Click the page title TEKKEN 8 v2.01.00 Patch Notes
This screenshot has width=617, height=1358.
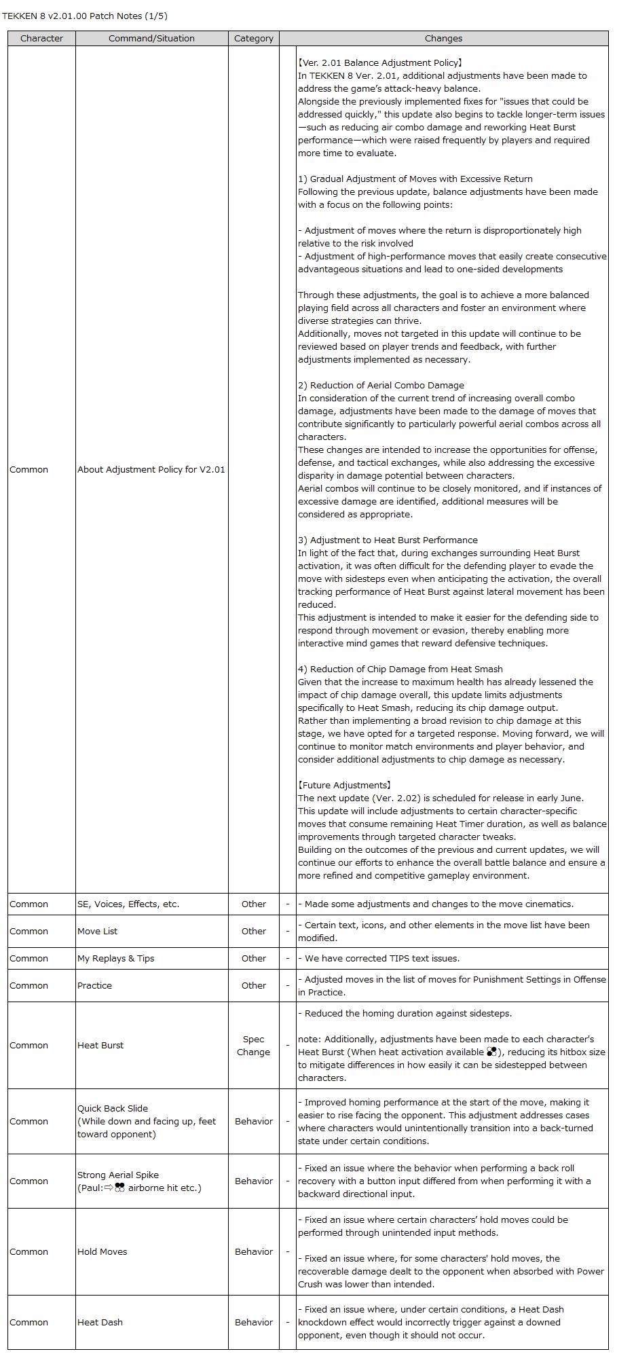point(85,16)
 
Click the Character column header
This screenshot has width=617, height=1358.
point(41,39)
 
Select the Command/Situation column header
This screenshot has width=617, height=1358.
point(151,39)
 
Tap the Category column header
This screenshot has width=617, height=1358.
point(253,39)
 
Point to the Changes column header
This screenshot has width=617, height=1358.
point(443,39)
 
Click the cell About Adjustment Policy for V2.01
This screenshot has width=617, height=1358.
point(151,470)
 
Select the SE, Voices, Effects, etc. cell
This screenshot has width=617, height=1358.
point(128,904)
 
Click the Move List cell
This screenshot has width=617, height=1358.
point(97,932)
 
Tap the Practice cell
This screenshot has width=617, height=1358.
point(94,986)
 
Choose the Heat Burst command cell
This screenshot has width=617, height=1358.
point(100,1046)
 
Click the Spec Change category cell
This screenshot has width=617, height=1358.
point(253,1046)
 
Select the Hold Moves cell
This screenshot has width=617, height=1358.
point(102,1252)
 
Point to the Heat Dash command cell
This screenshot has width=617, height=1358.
point(100,1323)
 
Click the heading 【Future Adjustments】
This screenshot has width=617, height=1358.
point(345,786)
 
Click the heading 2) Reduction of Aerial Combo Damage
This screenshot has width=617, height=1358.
point(381,386)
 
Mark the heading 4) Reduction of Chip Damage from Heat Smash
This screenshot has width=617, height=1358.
point(400,669)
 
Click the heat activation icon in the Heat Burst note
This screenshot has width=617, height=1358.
point(491,1052)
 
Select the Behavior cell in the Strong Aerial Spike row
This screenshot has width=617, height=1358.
point(253,1181)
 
